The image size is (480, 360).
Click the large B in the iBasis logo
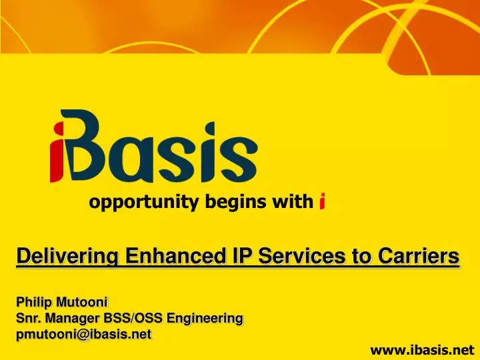pyautogui.click(x=93, y=147)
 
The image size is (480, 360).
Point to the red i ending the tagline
pyautogui.click(x=322, y=201)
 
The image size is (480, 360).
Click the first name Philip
pyautogui.click(x=32, y=304)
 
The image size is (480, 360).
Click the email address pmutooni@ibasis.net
pyautogui.click(x=83, y=333)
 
